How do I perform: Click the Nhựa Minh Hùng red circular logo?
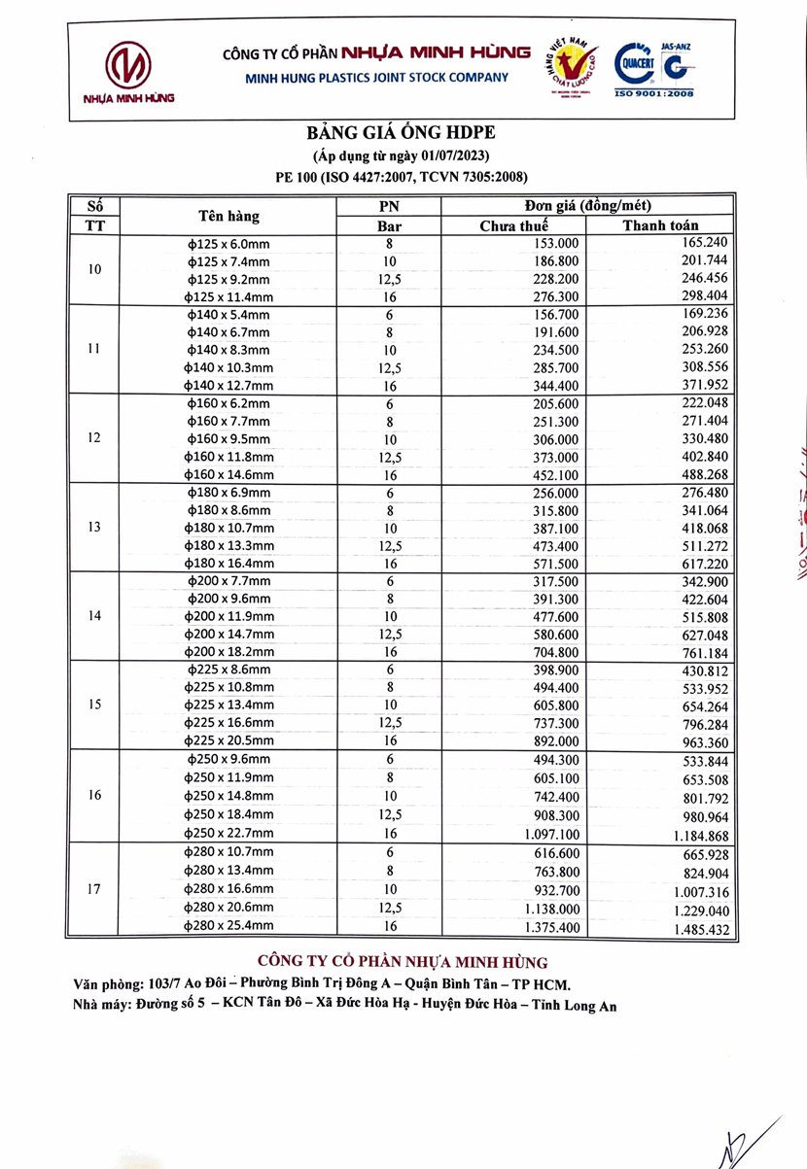point(128,65)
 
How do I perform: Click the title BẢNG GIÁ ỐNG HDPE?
point(403,133)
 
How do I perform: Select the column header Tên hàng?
point(228,216)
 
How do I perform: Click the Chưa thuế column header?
point(514,225)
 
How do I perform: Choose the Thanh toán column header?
point(660,225)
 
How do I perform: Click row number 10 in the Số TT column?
point(94,269)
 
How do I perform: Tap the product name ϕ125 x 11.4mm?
point(229,296)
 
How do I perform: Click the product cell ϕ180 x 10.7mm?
point(229,528)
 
